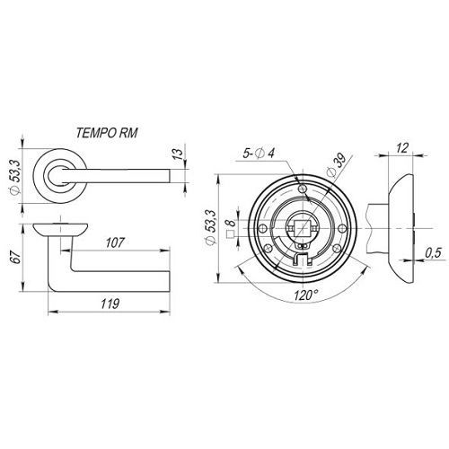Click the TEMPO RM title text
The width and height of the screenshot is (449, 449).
point(107,133)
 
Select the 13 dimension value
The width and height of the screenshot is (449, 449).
point(178,153)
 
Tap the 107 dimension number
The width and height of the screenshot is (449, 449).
point(115,242)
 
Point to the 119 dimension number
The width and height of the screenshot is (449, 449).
point(110,304)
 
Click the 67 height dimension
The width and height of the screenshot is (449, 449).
point(16,258)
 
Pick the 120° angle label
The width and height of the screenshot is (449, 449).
point(305,295)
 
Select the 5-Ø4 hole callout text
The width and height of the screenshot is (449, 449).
point(259,154)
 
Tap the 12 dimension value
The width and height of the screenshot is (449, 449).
point(402,148)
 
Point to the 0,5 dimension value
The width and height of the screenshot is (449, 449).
point(433,253)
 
